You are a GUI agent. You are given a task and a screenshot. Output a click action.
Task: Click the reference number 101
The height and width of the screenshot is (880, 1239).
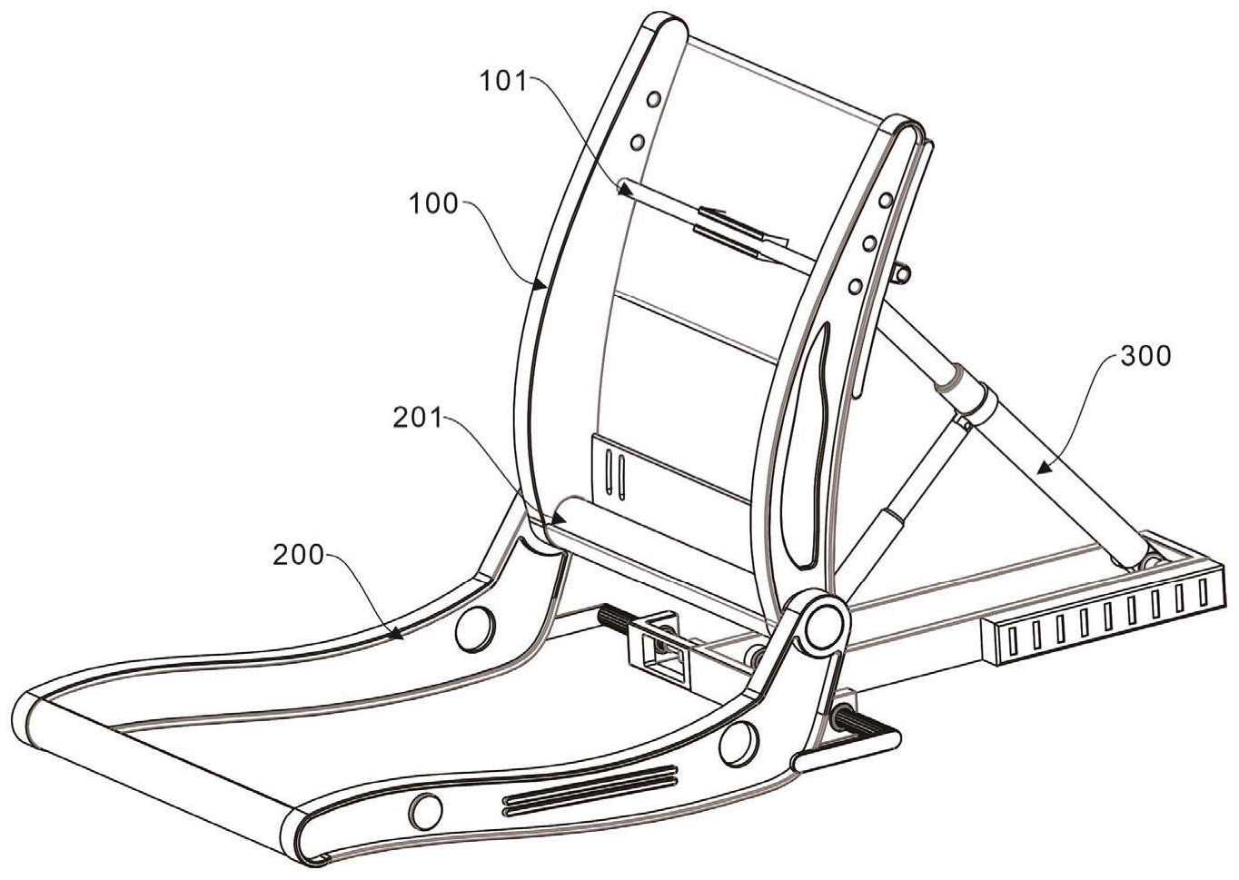coord(502,81)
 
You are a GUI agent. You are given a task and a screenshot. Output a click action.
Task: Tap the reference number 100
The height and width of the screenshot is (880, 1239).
coord(433,203)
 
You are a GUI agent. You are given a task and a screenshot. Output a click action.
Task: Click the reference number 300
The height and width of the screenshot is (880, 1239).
coord(1146,357)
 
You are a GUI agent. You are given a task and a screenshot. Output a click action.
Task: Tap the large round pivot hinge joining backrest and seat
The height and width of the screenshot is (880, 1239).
coord(824,624)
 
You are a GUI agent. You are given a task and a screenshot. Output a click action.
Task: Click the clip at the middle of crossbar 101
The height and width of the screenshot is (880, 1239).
coord(736,230)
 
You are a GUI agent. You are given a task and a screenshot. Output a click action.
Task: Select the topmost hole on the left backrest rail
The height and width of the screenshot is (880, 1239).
coord(651,99)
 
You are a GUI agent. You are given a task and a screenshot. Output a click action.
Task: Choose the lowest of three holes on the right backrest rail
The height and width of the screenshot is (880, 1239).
coord(854,286)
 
